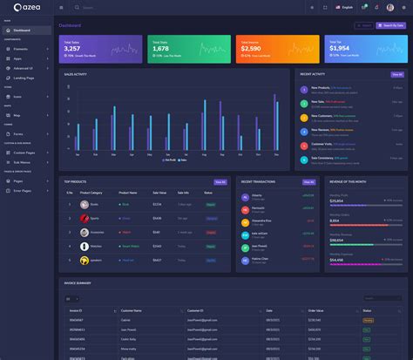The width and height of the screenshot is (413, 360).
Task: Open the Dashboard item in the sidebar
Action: pyautogui.click(x=21, y=31)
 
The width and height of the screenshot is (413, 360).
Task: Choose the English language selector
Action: pyautogui.click(x=343, y=8)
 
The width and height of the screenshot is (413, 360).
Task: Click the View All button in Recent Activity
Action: pyautogui.click(x=396, y=75)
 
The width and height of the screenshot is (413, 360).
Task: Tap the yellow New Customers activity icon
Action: pyautogui.click(x=304, y=115)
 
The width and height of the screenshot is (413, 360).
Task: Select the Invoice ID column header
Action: pyautogui.click(x=77, y=310)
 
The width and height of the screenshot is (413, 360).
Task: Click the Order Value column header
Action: pyautogui.click(x=315, y=310)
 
